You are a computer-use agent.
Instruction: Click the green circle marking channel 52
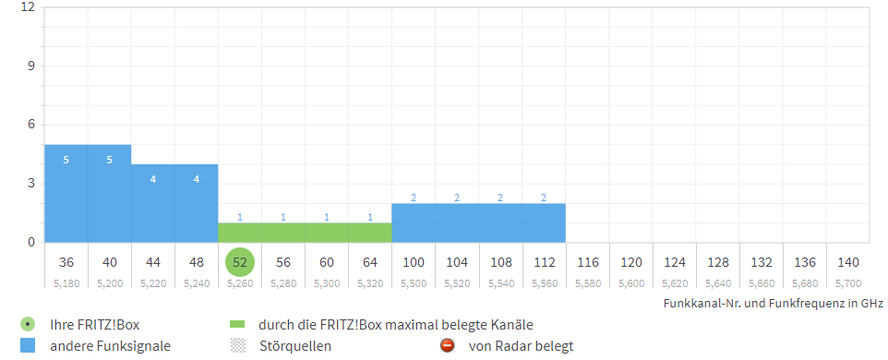[240, 262]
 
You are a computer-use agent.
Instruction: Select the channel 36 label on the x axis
[66, 262]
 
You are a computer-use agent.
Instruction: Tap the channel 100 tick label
[414, 262]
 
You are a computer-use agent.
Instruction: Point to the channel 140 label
[848, 262]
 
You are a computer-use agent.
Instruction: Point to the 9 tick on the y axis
[31, 66]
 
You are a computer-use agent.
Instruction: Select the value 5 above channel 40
[109, 160]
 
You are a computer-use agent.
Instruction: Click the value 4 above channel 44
[152, 179]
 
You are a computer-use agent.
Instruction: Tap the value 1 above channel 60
[327, 217]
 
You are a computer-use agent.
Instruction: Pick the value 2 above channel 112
[544, 198]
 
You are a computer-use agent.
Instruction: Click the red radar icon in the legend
[447, 346]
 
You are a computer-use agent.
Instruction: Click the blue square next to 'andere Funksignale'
[28, 346]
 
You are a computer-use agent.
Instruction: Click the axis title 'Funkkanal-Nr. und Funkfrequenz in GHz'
[774, 303]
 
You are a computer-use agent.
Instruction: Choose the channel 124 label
[675, 262]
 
